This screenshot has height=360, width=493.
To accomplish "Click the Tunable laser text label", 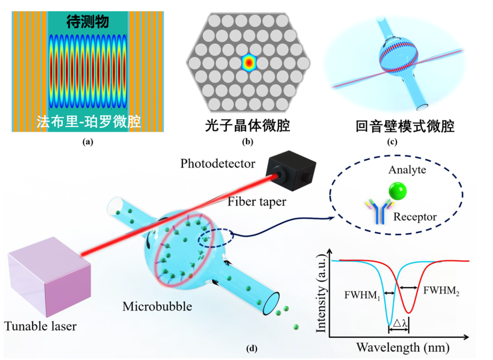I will point(41,326).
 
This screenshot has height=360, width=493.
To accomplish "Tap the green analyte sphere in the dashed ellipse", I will point(397,191).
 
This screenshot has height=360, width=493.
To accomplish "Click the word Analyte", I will point(407,170).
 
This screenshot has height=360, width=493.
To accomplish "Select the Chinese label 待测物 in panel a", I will point(88,21).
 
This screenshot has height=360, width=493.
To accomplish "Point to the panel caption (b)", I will point(247,142).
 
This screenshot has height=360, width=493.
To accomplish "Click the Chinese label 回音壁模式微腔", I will point(405,126).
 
